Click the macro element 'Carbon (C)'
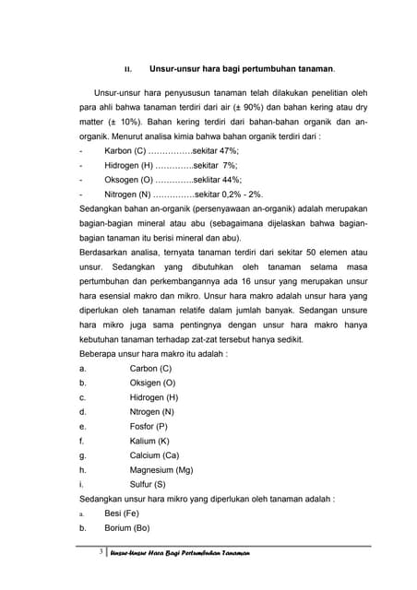pos(151,368)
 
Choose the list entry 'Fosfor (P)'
pos(149,426)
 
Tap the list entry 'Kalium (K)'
pos(149,441)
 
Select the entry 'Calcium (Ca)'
pos(153,455)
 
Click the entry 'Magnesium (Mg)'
pos(161,470)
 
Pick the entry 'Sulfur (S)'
pos(148,485)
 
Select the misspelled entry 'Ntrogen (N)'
pos(152,411)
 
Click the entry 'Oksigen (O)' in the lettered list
pos(152,383)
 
